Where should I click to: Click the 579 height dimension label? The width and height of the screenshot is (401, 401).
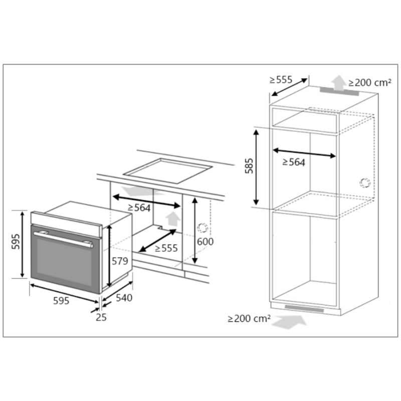(x=120, y=261)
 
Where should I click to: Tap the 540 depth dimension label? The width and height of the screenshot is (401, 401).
(x=124, y=298)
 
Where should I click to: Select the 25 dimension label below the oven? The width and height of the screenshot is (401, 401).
(x=101, y=317)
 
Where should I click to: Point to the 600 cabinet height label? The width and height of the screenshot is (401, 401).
(x=205, y=242)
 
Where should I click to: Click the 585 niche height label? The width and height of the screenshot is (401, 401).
(x=249, y=166)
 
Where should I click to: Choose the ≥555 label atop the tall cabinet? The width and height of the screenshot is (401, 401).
(x=281, y=80)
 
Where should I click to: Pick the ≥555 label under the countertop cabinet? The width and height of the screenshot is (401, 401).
(x=166, y=248)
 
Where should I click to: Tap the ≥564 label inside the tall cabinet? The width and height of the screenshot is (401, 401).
(x=294, y=162)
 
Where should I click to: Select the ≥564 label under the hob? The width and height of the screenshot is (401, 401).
(x=139, y=208)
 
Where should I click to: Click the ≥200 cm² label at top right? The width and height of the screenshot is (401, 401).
(x=370, y=83)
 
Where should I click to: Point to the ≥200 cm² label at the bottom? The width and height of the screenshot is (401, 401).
(x=249, y=318)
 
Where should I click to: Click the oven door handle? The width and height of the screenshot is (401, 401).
(x=64, y=240)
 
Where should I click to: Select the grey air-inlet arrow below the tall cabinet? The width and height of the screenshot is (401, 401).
(x=289, y=322)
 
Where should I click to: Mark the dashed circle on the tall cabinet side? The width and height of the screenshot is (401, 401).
(x=365, y=182)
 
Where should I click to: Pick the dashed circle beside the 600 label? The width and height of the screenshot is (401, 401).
(x=203, y=228)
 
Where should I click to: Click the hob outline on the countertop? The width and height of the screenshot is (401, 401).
(x=168, y=170)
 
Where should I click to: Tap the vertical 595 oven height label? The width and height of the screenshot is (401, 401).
(x=16, y=241)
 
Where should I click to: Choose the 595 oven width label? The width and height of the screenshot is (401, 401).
(x=61, y=301)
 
